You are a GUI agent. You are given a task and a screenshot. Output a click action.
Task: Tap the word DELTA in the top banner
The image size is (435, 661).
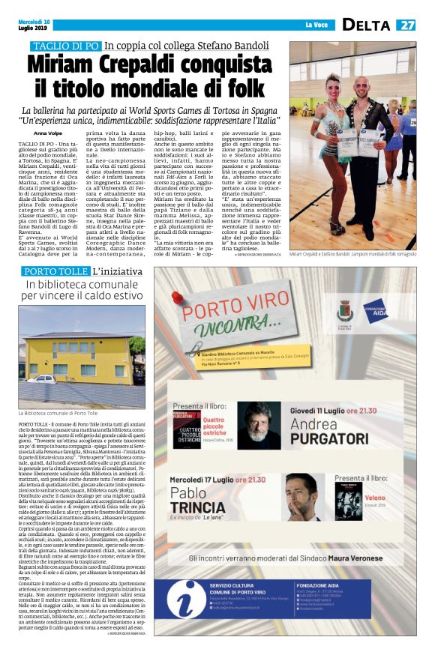pyautogui.click(x=367, y=25)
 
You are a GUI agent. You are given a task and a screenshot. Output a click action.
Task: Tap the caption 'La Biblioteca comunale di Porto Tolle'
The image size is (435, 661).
pyautogui.click(x=58, y=413)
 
